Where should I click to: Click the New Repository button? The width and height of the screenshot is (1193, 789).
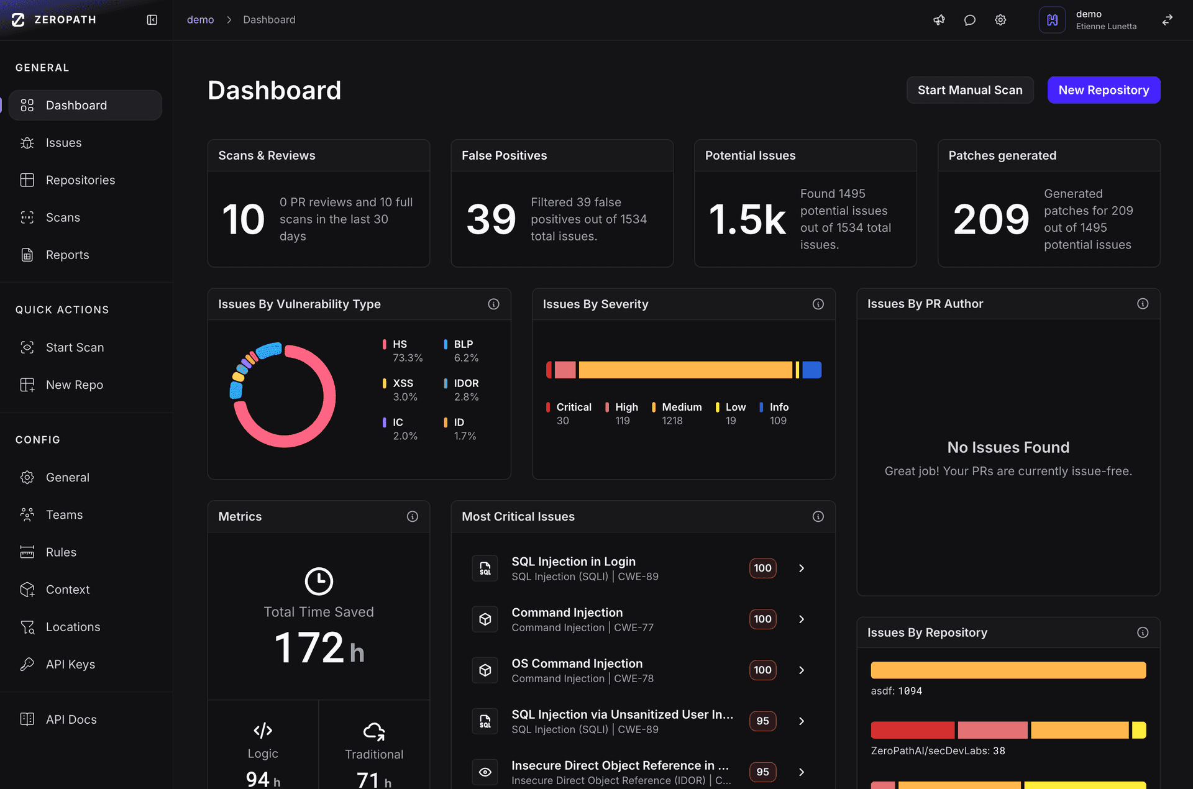click(1104, 90)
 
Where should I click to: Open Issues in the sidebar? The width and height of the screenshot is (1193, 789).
click(63, 143)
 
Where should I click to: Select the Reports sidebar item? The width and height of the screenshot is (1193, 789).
click(67, 255)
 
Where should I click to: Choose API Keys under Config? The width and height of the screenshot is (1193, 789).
click(70, 664)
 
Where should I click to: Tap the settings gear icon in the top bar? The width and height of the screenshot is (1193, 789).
click(1000, 20)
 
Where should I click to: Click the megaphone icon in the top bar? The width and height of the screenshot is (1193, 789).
click(939, 20)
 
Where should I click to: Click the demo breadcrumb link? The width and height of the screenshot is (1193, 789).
click(200, 20)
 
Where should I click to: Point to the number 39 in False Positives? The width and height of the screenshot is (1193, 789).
click(491, 219)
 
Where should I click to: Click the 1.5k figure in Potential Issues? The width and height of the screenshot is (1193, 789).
click(747, 219)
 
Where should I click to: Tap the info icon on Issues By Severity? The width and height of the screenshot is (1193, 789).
click(818, 304)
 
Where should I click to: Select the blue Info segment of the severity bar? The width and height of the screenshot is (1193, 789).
click(811, 370)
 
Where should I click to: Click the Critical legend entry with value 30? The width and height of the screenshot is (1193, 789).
click(569, 414)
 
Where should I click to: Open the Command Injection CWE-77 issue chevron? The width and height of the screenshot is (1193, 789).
click(802, 619)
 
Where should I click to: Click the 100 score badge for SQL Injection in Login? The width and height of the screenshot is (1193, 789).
click(762, 568)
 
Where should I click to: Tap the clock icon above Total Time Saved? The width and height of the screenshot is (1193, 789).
click(319, 581)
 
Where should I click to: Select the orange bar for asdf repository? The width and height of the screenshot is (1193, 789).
click(1008, 670)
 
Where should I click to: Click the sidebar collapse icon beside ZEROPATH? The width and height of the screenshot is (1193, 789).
click(152, 20)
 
